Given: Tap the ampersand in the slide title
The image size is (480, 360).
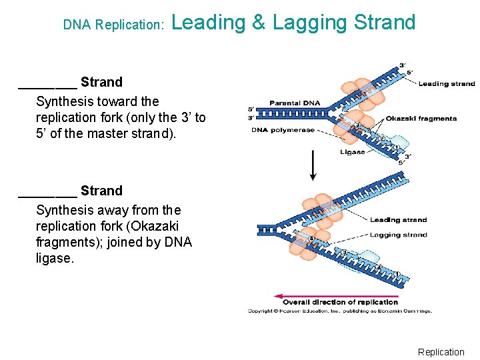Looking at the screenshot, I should pos(259,23).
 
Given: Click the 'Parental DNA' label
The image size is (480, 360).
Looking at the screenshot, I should pos(294,103).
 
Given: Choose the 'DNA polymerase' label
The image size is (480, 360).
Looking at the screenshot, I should pos(283,130).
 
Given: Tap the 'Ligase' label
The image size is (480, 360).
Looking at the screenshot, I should pos(352,152).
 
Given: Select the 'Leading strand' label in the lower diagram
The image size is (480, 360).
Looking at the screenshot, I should pos(398,220).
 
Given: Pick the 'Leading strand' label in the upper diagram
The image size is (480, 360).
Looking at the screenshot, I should pos(446,84).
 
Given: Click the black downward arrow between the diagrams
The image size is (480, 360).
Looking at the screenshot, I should pos(313,166).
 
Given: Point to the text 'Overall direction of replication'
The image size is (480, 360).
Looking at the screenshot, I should pos(340,303).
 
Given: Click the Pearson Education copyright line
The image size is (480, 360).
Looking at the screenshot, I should pos(339,311).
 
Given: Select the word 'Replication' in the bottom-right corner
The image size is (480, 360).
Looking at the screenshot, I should pos(441,352).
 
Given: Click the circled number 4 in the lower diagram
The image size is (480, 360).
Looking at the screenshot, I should pos(311,239).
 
